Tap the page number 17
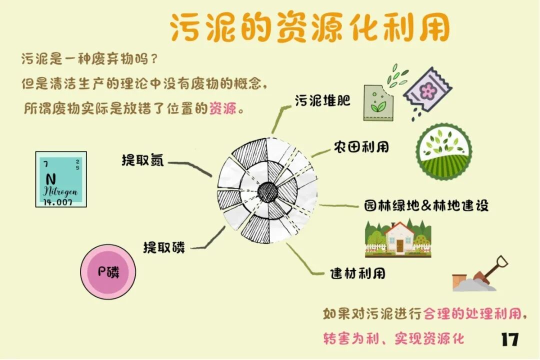coord(509,339)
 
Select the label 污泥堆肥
coord(322,100)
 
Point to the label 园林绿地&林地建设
coord(426,205)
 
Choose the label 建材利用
coord(357,273)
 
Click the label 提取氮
coord(142,160)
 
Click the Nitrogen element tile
coord(61,179)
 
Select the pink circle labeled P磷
coord(108,272)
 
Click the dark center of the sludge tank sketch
coord(267,190)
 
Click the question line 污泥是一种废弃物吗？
coord(90,58)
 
